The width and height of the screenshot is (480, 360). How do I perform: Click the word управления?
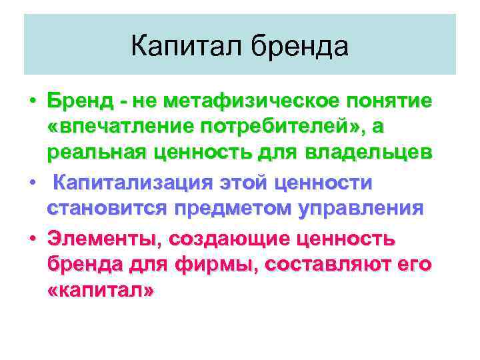coord(361,207)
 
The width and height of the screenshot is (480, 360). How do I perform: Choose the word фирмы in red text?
coord(217,264)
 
